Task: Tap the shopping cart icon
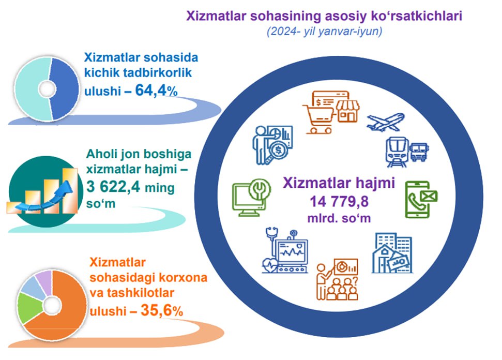click(x=319, y=119)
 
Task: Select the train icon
click(x=398, y=152)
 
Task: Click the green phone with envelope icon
click(x=421, y=200)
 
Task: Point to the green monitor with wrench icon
click(x=252, y=198)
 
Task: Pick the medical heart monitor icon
click(x=285, y=250)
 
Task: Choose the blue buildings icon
click(x=392, y=253)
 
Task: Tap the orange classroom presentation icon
click(x=337, y=279)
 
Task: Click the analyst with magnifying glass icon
click(x=272, y=145)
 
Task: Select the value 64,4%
click(x=156, y=91)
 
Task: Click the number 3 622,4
click(x=113, y=186)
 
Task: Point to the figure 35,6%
click(x=162, y=310)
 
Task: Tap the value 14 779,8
click(x=339, y=202)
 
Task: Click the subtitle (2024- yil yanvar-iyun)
click(x=324, y=32)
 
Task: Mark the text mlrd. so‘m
click(x=339, y=218)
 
